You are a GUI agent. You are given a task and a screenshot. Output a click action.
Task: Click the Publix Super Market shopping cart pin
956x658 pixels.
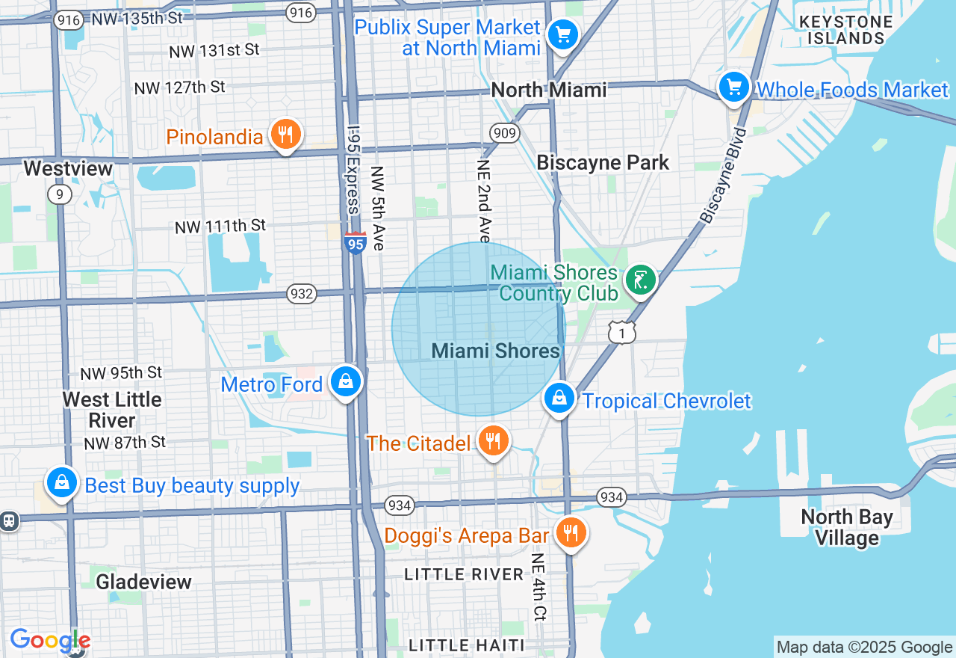(562, 34)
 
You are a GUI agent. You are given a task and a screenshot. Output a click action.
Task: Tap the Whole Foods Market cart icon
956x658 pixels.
(734, 87)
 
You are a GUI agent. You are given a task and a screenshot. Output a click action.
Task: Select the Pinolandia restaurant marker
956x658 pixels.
(285, 135)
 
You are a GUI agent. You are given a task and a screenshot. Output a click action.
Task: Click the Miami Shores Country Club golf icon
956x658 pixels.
(640, 281)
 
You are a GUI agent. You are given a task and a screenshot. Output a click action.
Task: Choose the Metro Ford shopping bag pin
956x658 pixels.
(346, 381)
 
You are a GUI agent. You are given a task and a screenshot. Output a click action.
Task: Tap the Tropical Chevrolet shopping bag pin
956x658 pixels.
(559, 398)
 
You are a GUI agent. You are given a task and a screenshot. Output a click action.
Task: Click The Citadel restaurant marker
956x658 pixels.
(492, 441)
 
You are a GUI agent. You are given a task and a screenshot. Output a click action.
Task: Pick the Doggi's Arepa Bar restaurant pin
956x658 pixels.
(571, 533)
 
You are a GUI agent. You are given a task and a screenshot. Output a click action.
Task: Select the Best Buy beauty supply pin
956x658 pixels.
(61, 483)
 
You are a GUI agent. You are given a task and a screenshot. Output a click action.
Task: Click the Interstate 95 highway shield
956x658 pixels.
(356, 243)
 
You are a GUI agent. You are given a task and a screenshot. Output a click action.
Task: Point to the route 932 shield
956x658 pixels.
(301, 294)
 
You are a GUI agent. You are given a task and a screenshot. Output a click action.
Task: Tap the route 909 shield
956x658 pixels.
(505, 134)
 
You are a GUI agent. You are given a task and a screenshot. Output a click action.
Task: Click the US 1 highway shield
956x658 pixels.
(621, 332)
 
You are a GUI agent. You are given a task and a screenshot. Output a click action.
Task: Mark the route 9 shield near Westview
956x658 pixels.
(59, 194)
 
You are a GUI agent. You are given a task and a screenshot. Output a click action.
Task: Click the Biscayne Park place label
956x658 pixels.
(603, 163)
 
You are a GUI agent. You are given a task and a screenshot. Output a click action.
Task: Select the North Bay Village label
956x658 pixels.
(846, 527)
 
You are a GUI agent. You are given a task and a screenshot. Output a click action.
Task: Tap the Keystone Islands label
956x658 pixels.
(845, 30)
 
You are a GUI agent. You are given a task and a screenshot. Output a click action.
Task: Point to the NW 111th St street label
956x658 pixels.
(220, 226)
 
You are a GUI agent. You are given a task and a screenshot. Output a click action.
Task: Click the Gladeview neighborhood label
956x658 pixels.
(143, 582)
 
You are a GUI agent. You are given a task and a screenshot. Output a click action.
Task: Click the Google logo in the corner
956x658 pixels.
(49, 640)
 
